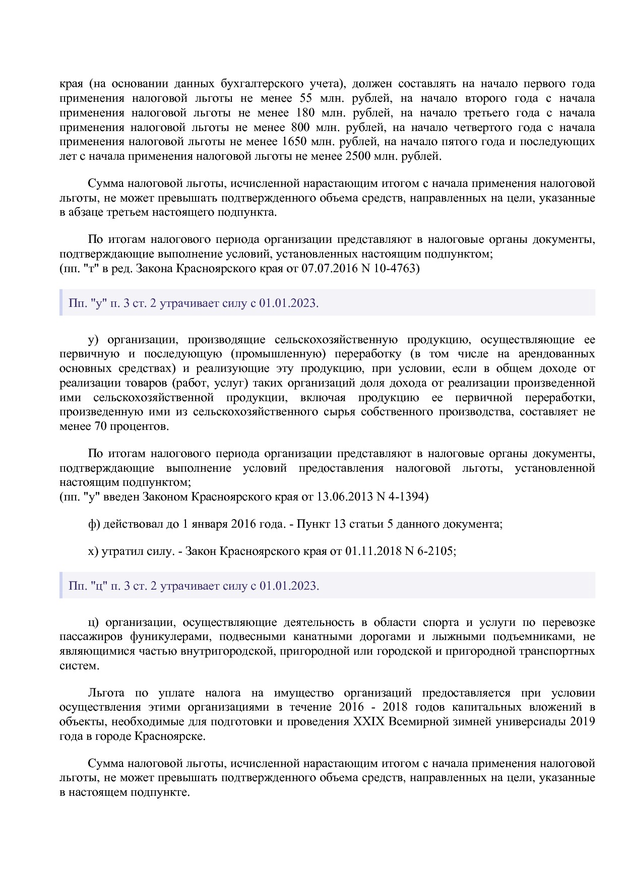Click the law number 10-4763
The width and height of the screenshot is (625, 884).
(394, 268)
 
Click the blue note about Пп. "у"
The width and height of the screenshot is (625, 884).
(194, 303)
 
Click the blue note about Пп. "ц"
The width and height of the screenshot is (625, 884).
(194, 586)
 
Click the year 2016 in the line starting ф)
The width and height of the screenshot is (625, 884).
(242, 524)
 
